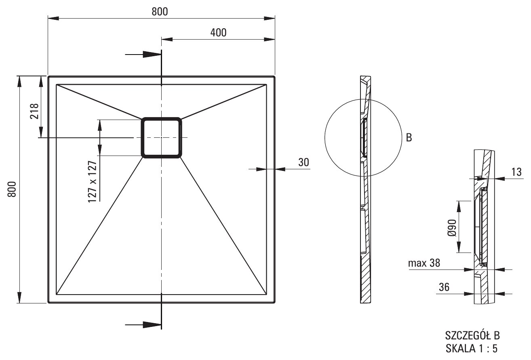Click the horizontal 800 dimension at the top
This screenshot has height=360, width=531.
pyautogui.click(x=160, y=12)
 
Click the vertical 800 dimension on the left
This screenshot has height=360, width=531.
pyautogui.click(x=12, y=189)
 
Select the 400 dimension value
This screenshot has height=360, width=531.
pyautogui.click(x=218, y=32)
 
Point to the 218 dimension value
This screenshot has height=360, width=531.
pyautogui.click(x=34, y=111)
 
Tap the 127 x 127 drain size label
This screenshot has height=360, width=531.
pyautogui.click(x=93, y=182)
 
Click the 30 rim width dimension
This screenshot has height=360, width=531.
pyautogui.click(x=303, y=162)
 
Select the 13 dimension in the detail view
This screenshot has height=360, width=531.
pyautogui.click(x=516, y=172)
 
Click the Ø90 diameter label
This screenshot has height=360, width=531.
pyautogui.click(x=452, y=228)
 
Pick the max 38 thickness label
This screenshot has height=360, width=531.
pyautogui.click(x=424, y=263)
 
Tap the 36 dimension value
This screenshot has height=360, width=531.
pyautogui.click(x=444, y=287)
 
